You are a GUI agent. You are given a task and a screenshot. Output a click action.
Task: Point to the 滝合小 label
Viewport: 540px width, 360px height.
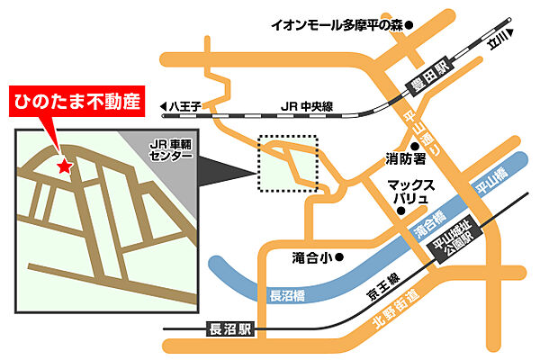tap(310, 257)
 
